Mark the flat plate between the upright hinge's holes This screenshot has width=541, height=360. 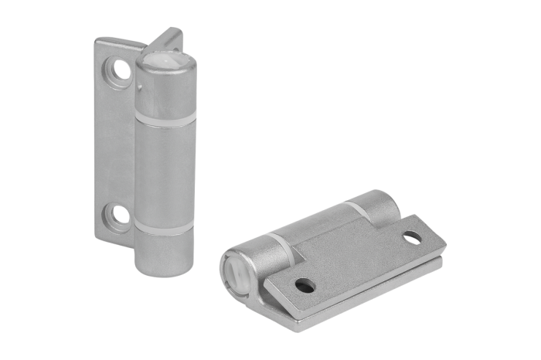[116, 143]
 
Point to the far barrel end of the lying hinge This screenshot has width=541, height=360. [379, 202]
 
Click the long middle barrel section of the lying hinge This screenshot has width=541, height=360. [317, 224]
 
